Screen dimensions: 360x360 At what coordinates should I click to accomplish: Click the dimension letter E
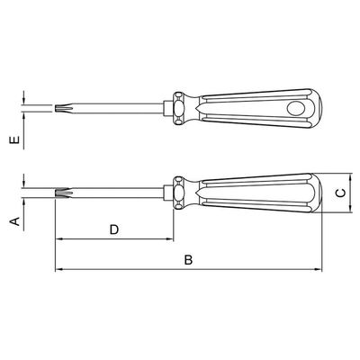14,140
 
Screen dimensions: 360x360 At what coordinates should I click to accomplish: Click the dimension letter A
14,221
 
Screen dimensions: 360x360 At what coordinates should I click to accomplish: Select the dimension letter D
114,229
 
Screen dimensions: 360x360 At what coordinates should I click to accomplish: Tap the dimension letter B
188,260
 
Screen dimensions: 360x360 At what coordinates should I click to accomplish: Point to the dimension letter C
340,193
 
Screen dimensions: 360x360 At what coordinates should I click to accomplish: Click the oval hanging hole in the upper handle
295,108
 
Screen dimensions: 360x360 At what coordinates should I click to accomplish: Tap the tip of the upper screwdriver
56,108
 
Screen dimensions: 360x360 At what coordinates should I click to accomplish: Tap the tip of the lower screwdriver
56,193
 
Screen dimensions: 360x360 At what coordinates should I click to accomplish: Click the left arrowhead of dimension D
58,239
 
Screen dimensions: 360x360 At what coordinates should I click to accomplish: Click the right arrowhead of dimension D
170,239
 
